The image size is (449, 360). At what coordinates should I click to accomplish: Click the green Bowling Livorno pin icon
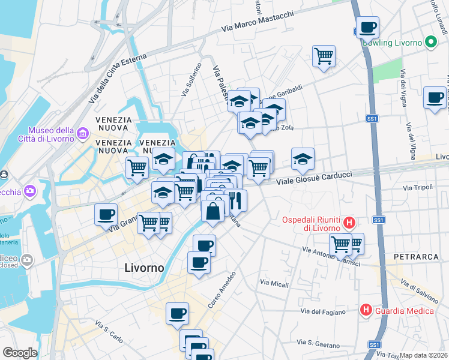click(x=430, y=43)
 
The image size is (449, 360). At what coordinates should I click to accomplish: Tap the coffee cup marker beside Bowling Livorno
click(x=367, y=27)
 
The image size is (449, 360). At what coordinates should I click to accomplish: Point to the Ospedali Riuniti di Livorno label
click(x=312, y=223)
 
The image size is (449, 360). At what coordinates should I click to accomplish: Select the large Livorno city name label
click(x=143, y=268)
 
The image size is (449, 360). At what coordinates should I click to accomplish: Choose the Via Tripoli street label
click(x=418, y=188)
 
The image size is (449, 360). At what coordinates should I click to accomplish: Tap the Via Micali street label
click(x=274, y=281)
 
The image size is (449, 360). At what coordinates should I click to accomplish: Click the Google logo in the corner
click(x=20, y=353)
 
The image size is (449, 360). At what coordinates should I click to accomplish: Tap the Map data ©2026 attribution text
click(x=423, y=355)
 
